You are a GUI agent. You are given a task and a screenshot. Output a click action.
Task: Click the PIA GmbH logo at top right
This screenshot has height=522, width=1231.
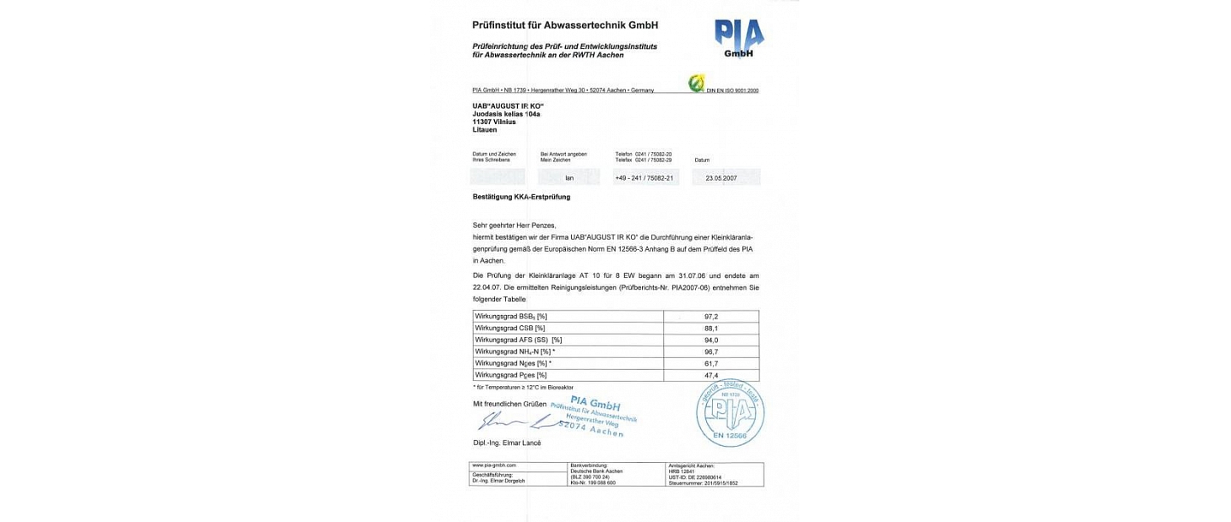(x=739, y=39)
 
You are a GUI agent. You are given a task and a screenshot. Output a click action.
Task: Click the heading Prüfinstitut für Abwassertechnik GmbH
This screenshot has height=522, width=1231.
(x=565, y=26)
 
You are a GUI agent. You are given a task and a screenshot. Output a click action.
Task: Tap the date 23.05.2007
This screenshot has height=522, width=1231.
(x=721, y=178)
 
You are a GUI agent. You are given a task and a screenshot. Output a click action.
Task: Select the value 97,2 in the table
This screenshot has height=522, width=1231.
(x=711, y=316)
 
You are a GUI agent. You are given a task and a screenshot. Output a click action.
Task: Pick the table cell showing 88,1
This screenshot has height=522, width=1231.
(x=711, y=328)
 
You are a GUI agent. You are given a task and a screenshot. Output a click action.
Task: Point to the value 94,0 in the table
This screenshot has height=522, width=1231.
(x=711, y=340)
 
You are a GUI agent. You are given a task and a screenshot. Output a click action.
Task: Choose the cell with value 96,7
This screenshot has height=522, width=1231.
(x=711, y=352)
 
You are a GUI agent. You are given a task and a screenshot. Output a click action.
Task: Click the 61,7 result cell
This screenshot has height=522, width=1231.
(x=711, y=364)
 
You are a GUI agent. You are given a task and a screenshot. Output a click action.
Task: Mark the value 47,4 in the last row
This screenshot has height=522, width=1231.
(x=711, y=375)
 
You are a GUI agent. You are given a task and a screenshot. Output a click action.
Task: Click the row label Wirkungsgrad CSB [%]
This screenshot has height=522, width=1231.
(x=510, y=328)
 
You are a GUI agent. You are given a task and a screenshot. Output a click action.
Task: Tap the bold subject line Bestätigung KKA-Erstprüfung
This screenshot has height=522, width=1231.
(x=521, y=197)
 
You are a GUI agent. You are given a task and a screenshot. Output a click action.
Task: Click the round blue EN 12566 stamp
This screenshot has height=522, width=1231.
(x=730, y=412)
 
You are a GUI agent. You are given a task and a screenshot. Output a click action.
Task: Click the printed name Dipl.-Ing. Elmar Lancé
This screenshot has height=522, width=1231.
(x=507, y=442)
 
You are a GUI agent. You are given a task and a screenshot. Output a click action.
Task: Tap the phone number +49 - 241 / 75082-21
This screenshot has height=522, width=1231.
(x=645, y=178)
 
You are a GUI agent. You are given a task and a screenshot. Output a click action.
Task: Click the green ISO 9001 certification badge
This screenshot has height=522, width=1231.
(x=697, y=84)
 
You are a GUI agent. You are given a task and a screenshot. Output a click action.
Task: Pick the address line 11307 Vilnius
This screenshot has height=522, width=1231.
(x=494, y=122)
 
